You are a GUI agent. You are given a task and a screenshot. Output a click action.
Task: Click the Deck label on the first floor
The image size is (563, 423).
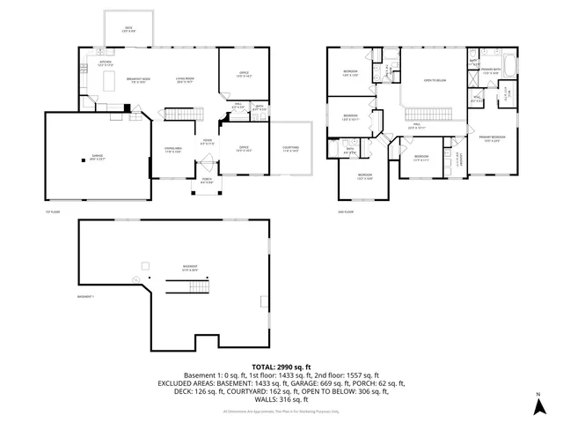[x=128, y=30]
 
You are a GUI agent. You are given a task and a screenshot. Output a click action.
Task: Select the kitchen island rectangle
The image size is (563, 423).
[x=112, y=81]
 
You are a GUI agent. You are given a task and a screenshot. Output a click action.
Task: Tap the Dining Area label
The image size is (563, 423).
[x=172, y=150]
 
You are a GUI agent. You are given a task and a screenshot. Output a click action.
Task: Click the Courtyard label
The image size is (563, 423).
[x=290, y=149]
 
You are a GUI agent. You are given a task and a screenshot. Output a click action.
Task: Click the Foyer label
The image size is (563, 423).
[x=207, y=141]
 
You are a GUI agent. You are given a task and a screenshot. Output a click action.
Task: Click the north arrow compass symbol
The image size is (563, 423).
[x=537, y=406]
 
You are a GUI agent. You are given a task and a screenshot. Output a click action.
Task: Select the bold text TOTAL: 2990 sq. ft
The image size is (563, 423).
[x=281, y=365]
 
